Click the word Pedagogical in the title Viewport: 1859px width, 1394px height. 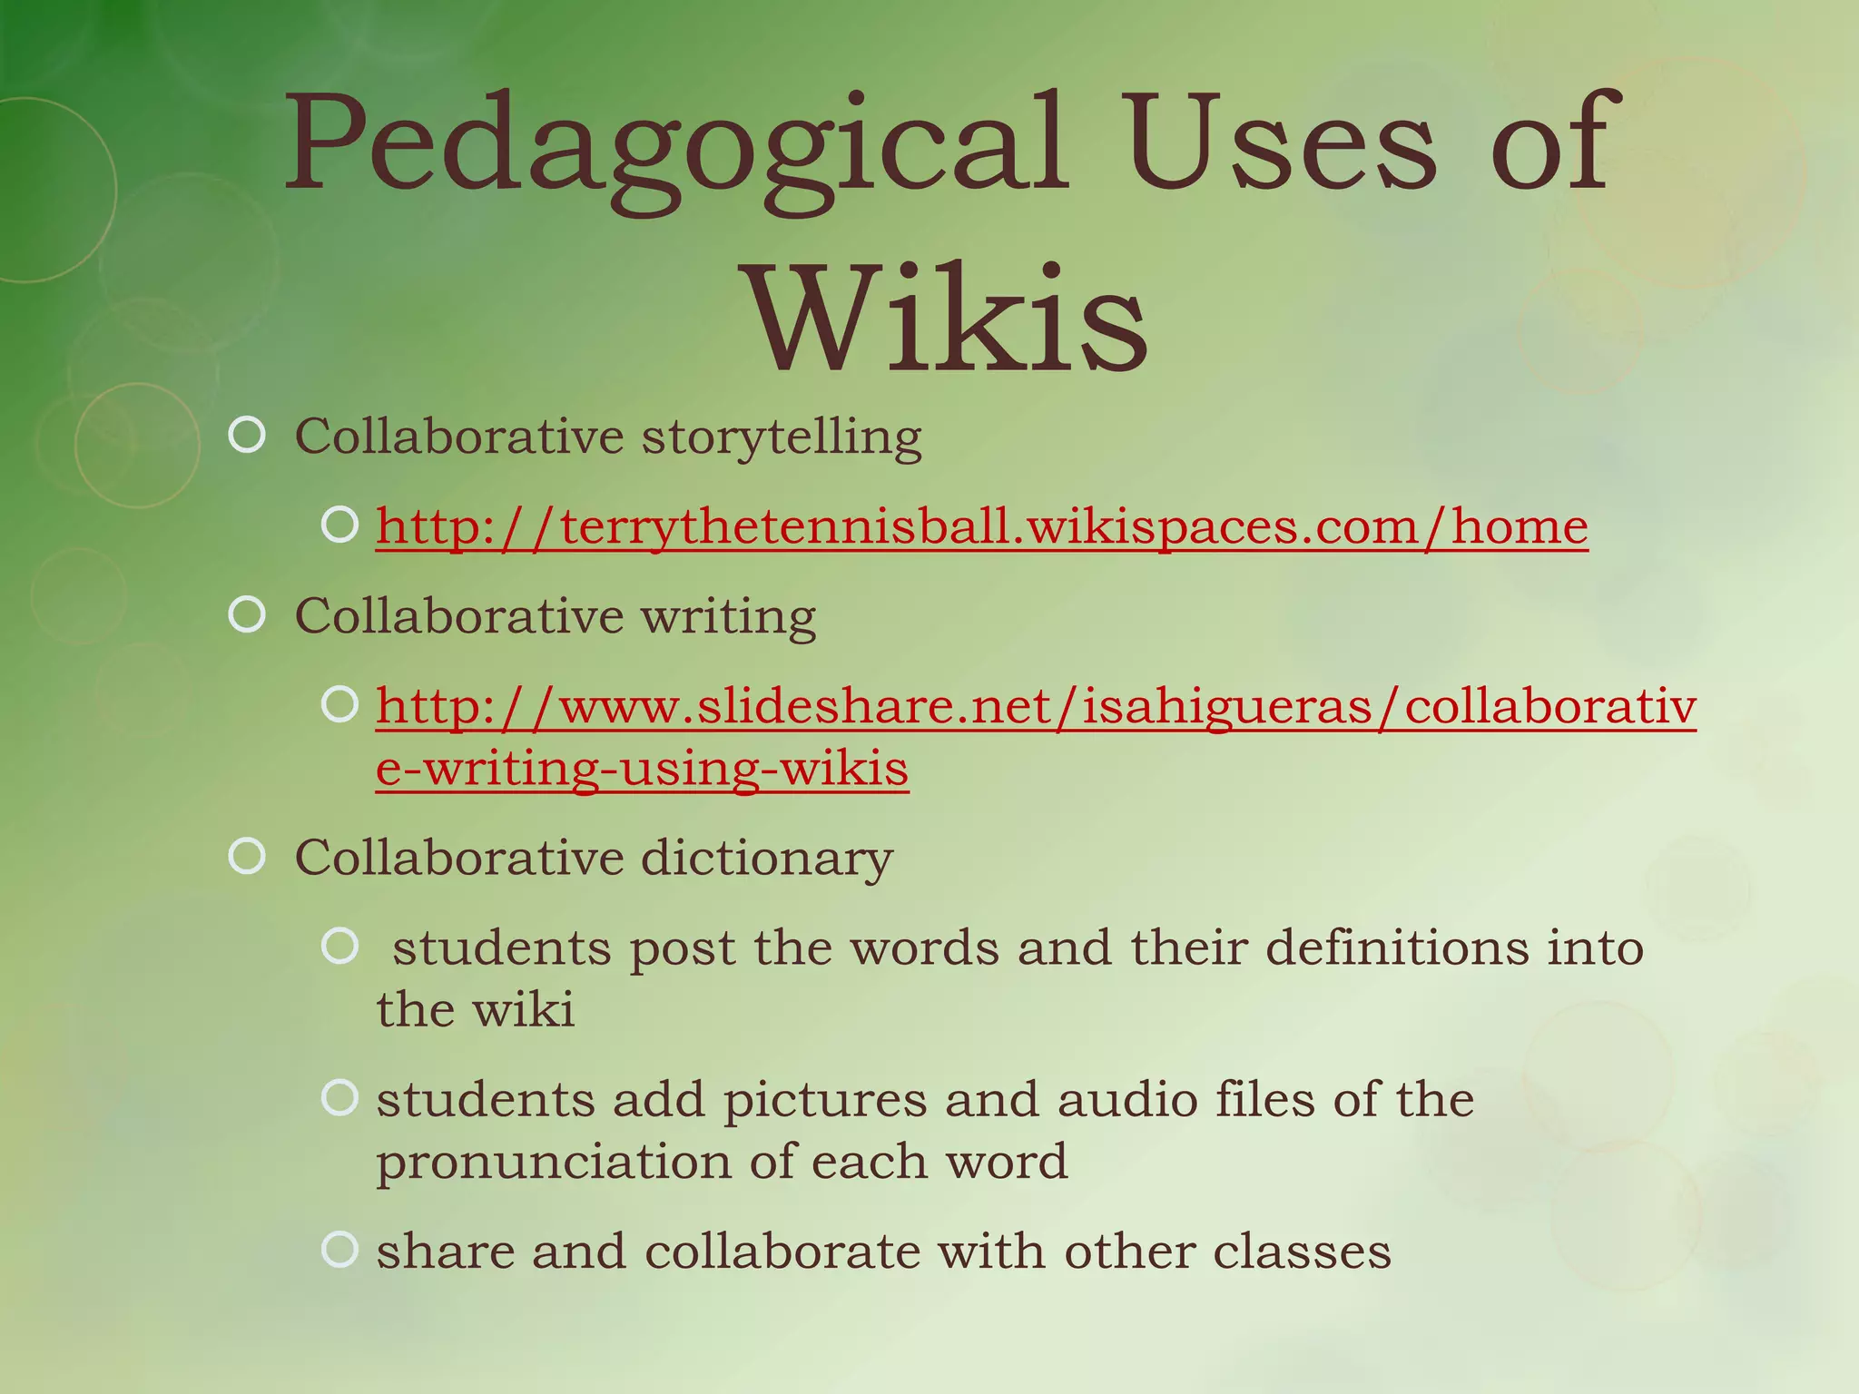click(x=676, y=145)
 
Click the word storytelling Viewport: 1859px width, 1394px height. click(x=782, y=437)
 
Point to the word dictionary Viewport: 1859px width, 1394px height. click(x=767, y=858)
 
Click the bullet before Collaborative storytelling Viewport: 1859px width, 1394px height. click(x=247, y=436)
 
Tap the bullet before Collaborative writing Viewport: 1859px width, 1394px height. click(x=247, y=615)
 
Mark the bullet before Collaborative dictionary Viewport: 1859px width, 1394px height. click(x=247, y=856)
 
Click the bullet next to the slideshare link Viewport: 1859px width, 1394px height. click(x=340, y=705)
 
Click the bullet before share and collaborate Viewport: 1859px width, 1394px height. click(x=340, y=1250)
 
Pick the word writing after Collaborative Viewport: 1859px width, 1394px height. click(x=728, y=617)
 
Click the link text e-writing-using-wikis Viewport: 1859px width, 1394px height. click(x=642, y=769)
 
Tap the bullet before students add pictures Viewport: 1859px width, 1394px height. click(x=340, y=1098)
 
